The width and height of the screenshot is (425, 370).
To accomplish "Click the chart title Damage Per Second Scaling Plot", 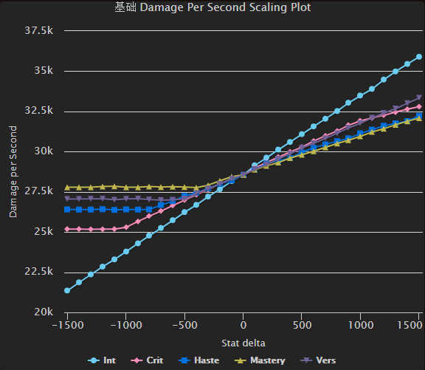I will pyautogui.click(x=212, y=8).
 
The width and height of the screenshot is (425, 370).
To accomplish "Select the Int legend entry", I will pyautogui.click(x=103, y=360).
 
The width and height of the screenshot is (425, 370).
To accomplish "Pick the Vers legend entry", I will pyautogui.click(x=319, y=360).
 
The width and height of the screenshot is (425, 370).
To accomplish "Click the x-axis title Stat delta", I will pyautogui.click(x=243, y=343).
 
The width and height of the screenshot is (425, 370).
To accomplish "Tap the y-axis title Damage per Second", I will pyautogui.click(x=13, y=171).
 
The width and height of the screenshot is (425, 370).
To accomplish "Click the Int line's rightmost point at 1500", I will pyautogui.click(x=419, y=57).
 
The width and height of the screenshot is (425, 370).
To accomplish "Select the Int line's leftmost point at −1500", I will pyautogui.click(x=67, y=290).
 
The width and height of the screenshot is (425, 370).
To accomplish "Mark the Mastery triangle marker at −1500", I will pyautogui.click(x=67, y=188).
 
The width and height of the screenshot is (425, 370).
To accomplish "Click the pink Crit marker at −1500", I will pyautogui.click(x=67, y=230).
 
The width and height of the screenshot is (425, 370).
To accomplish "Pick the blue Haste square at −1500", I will pyautogui.click(x=67, y=209).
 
